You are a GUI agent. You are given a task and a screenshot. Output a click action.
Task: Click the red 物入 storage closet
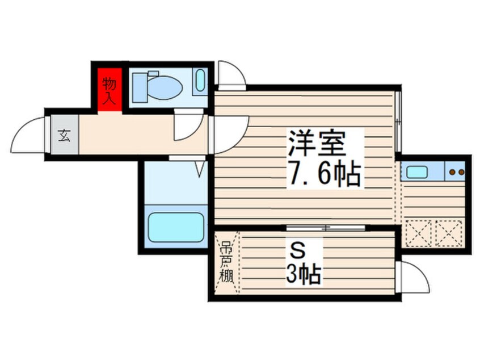(x=110, y=90)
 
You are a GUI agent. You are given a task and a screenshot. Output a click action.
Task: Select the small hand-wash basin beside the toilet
(x=200, y=80)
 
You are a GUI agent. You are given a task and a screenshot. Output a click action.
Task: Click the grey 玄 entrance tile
(x=65, y=135)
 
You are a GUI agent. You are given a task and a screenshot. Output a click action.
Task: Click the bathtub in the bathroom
(x=176, y=227)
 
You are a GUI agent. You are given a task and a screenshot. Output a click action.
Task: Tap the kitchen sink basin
(x=417, y=172)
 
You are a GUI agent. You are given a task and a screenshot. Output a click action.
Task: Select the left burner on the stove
(x=452, y=172)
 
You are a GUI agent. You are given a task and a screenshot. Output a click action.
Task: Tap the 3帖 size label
(x=304, y=274)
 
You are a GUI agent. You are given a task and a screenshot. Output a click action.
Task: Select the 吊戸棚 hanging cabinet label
(x=226, y=262)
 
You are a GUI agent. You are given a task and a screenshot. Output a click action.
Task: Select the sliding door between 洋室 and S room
(x=326, y=228)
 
